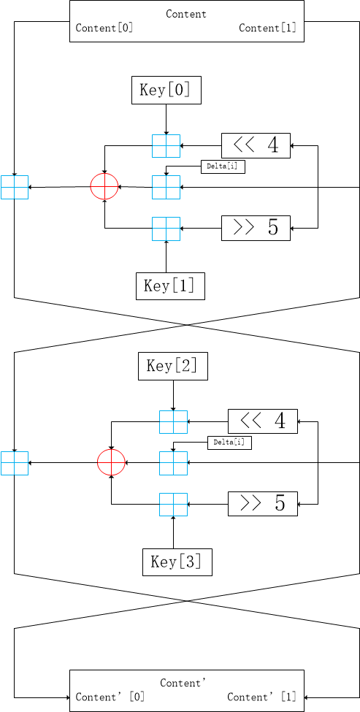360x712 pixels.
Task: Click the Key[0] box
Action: coord(166,90)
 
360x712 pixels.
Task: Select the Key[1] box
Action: coord(170,286)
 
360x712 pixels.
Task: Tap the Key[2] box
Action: coord(173,366)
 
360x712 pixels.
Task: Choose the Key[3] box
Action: coord(177,562)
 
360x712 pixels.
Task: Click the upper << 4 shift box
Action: coord(256,146)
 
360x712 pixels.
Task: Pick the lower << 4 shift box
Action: coord(263,421)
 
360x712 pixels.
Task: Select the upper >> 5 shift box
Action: coord(256,228)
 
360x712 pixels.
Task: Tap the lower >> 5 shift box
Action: coord(263,504)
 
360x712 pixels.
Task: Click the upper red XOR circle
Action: coord(104,187)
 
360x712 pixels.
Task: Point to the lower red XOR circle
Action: coord(112,463)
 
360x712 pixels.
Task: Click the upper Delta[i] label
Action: coord(223,166)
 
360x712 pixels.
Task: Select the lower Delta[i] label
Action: coord(229,443)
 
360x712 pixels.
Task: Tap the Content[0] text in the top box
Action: coord(104,28)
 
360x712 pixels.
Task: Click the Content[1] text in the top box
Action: coord(268,28)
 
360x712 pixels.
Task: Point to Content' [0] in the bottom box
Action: coord(110,697)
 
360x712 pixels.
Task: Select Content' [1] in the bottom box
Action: coord(262,697)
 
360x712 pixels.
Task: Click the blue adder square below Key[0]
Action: coord(166,146)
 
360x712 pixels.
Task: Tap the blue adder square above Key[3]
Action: coord(173,505)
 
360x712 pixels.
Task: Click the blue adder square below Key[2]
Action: coord(173,422)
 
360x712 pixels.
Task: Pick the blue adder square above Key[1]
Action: coord(166,229)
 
